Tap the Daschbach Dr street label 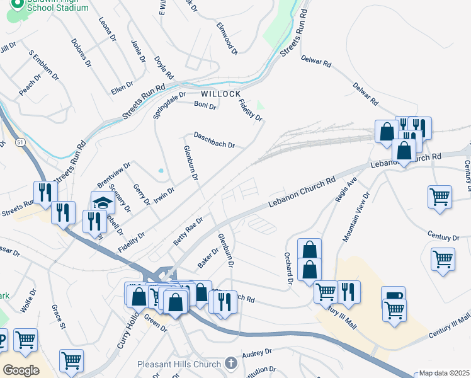point(214,140)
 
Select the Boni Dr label point(205,105)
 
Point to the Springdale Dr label point(169,106)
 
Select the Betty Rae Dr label point(188,232)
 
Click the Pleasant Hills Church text point(179,364)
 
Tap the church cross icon point(231,364)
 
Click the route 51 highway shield point(21,144)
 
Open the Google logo point(21,370)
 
